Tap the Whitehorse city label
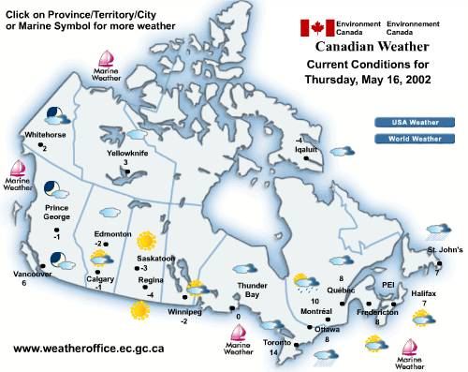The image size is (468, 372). (x=46, y=135)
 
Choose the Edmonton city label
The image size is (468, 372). (x=113, y=234)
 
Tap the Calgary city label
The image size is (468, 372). (x=100, y=278)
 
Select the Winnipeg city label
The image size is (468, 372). (x=184, y=311)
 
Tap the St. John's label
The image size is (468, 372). (x=445, y=250)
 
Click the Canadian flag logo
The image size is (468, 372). (x=316, y=28)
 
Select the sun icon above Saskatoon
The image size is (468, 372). (x=145, y=240)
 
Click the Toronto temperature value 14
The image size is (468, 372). (x=273, y=353)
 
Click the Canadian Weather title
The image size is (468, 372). (x=372, y=47)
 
